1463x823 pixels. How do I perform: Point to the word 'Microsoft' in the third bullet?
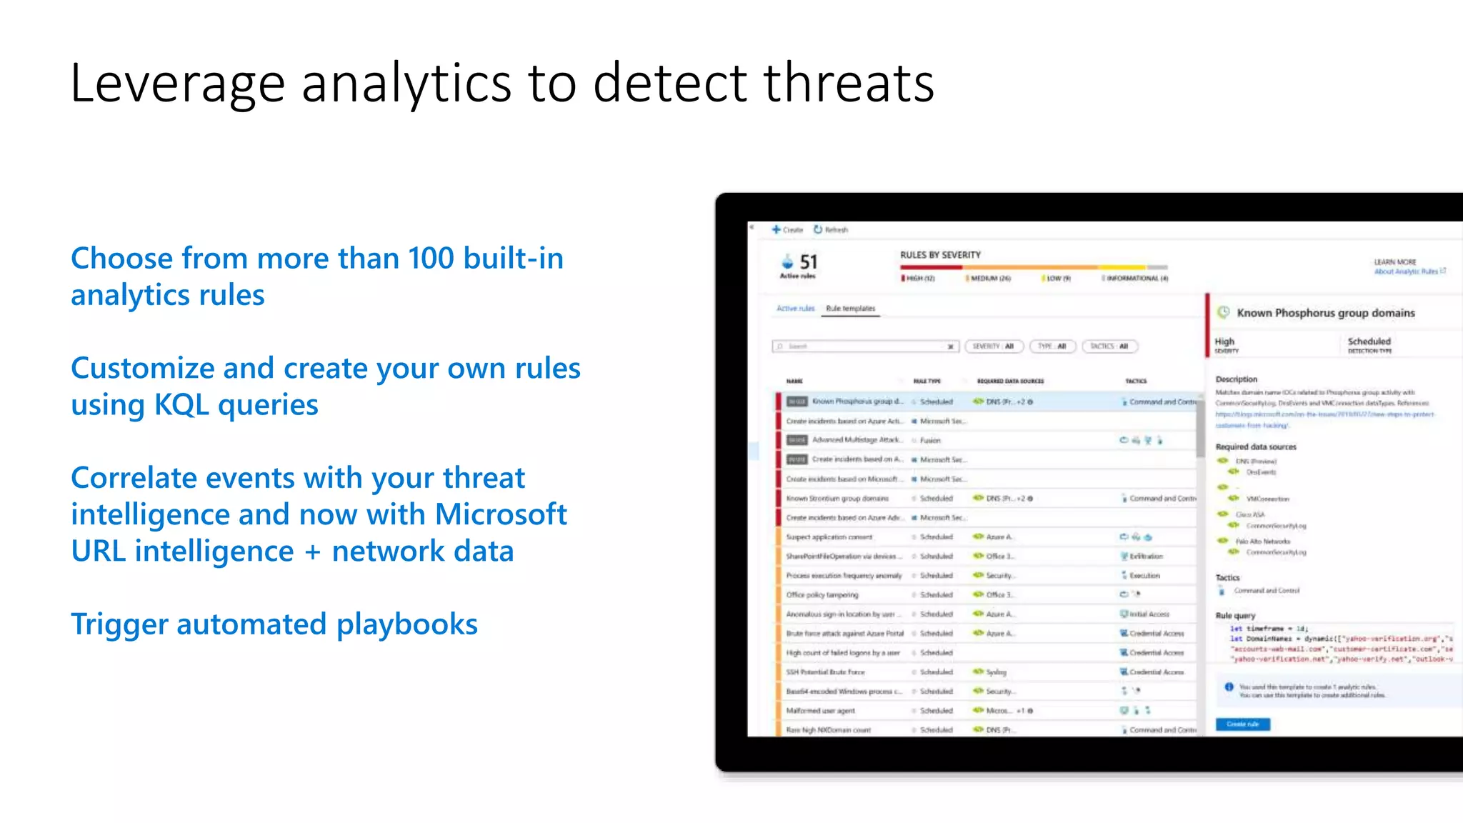click(x=501, y=514)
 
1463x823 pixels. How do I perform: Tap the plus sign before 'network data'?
click(x=312, y=552)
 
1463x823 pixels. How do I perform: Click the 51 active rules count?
click(x=808, y=262)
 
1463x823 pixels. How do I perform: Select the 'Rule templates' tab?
click(x=850, y=309)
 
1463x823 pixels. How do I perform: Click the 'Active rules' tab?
click(x=795, y=309)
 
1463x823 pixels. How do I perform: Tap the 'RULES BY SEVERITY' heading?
click(x=940, y=255)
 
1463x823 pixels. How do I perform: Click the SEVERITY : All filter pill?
click(x=994, y=346)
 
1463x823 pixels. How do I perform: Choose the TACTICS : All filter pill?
click(x=1109, y=346)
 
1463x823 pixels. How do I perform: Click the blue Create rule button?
click(x=1242, y=724)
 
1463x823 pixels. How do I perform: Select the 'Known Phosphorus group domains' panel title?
click(x=1325, y=313)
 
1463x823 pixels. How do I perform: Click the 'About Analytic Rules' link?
click(x=1406, y=271)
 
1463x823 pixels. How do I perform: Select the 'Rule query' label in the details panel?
click(x=1235, y=615)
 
